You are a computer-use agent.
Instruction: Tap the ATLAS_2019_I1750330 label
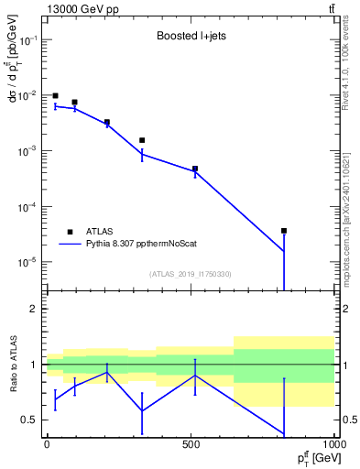[x=190, y=274]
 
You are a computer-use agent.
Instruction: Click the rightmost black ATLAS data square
[x=284, y=231]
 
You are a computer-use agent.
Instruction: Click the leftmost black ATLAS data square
[x=55, y=95]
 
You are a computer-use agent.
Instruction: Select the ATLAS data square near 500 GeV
[x=195, y=169]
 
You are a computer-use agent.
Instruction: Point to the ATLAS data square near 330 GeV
[x=142, y=140]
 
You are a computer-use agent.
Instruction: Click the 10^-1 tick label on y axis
[x=27, y=41]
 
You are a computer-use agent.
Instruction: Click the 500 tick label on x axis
[x=191, y=442]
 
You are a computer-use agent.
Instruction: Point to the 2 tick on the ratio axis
[x=34, y=309]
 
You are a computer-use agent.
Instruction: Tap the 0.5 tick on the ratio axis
[x=29, y=420]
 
